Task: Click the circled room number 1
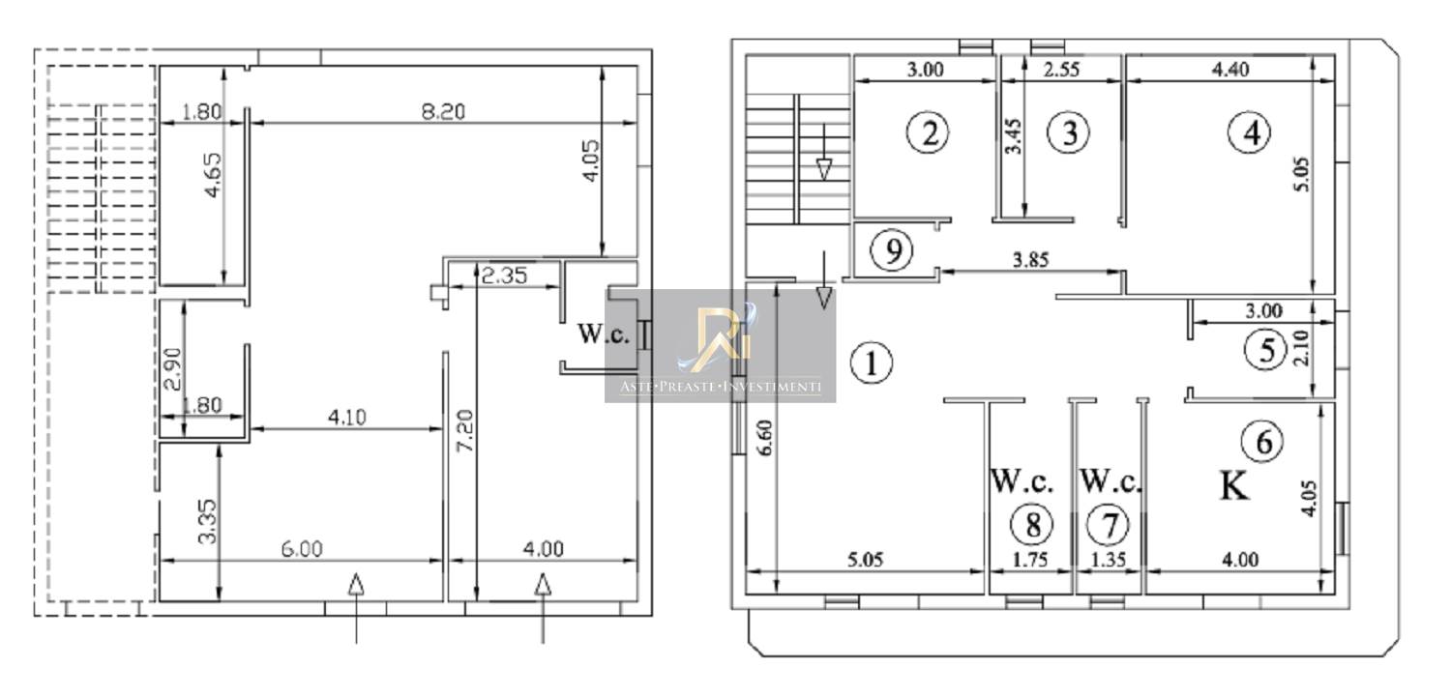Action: click(x=872, y=363)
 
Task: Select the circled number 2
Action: click(x=929, y=134)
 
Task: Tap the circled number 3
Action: click(x=1069, y=133)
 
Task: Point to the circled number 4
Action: click(x=1250, y=132)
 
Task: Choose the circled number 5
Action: click(x=1265, y=350)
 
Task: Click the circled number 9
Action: click(x=892, y=250)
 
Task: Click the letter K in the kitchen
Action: click(x=1234, y=485)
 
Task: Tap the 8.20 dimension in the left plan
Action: click(x=443, y=111)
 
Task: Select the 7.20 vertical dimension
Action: click(x=465, y=430)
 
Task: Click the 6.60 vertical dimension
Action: click(x=765, y=438)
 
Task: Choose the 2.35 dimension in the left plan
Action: click(x=505, y=276)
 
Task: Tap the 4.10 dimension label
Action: click(x=346, y=417)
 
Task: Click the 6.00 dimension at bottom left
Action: click(x=302, y=549)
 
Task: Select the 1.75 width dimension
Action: click(x=1030, y=559)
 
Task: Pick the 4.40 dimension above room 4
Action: click(x=1229, y=70)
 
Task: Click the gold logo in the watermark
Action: click(x=720, y=338)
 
